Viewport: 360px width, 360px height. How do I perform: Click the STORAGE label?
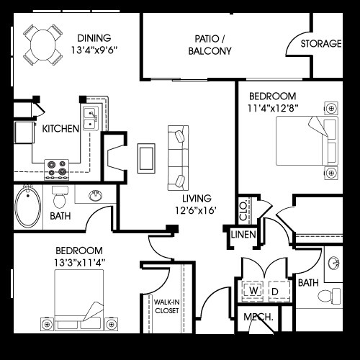321,44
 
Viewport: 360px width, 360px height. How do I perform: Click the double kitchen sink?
91,118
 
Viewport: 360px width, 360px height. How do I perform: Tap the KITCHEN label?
60,129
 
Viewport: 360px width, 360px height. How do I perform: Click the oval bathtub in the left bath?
29,205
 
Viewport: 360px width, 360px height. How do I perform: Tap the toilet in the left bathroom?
59,196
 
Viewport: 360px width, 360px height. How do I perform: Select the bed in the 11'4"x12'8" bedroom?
306,141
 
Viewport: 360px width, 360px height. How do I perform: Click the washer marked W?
253,289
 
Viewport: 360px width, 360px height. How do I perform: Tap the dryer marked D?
276,289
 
